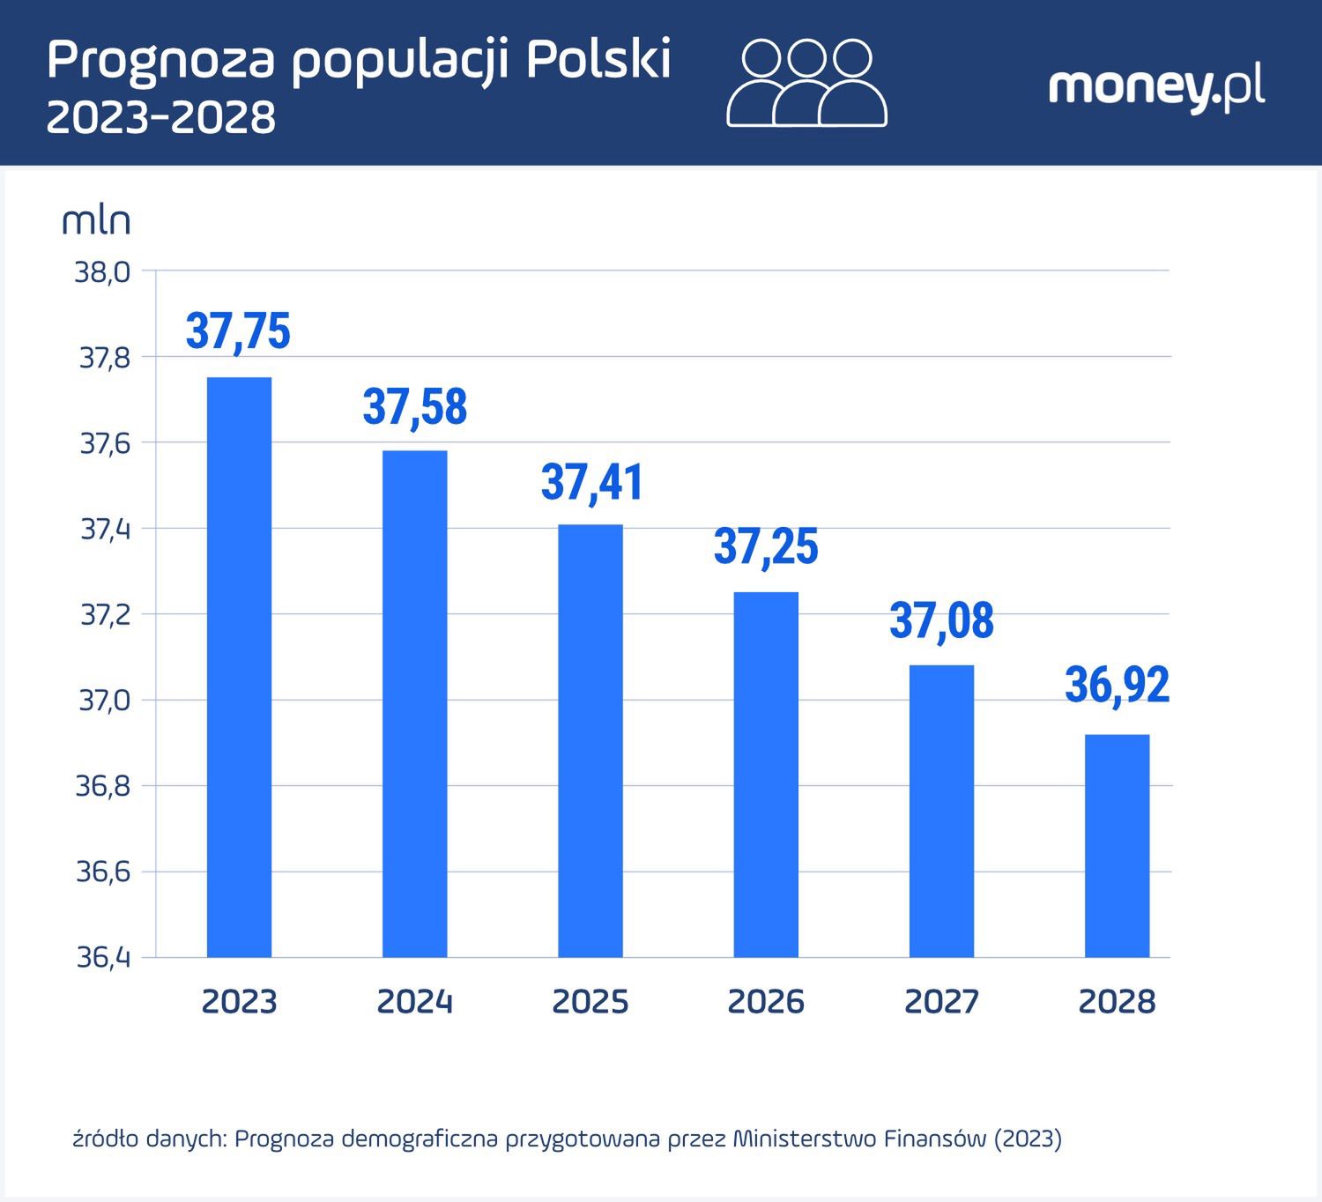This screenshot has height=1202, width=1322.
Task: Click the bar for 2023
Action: pos(239,667)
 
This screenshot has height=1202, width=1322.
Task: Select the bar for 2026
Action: pos(766,775)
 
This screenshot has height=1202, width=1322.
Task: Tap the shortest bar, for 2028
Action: pos(1117,846)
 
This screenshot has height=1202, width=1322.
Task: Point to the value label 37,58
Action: pos(414,407)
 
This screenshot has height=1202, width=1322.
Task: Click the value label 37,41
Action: pos(592,482)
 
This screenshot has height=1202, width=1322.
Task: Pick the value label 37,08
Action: pos(941,620)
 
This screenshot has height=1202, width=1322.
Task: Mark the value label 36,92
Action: pos(1117,686)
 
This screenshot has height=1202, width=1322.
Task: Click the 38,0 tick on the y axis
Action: pos(103,272)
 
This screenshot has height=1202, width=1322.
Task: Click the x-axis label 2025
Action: pos(590,1002)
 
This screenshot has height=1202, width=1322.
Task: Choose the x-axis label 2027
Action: pos(941,1002)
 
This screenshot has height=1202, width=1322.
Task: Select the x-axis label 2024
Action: pos(414,1002)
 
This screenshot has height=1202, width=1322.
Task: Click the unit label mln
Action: pos(96,220)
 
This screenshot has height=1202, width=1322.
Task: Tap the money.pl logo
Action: pos(1156,88)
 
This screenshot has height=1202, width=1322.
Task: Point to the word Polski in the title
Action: pos(599,60)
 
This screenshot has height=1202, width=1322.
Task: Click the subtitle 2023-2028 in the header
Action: pos(161,117)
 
